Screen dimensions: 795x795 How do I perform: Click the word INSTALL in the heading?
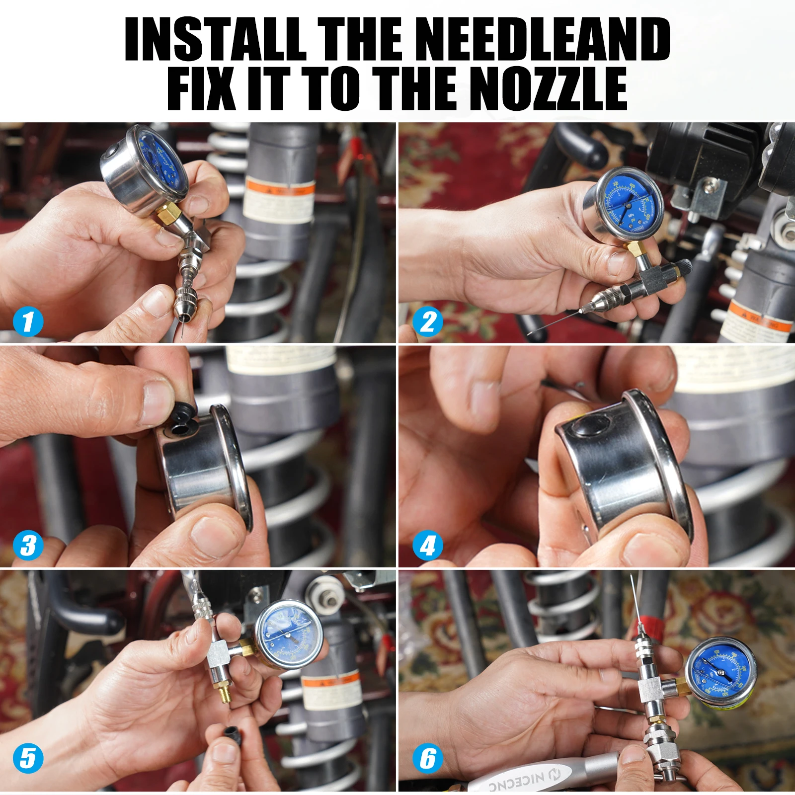point(215,39)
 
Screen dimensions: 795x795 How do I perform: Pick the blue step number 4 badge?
point(428,546)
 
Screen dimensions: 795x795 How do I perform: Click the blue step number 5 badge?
point(28,758)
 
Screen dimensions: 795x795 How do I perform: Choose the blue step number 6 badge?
point(428,758)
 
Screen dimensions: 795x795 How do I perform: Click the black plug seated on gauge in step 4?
point(591,427)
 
